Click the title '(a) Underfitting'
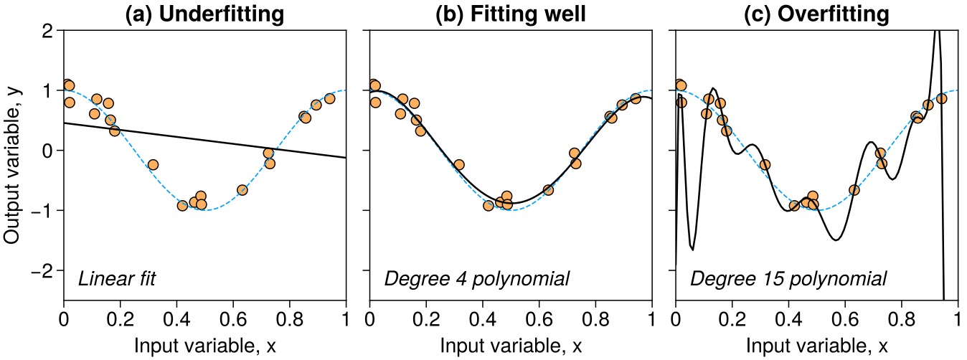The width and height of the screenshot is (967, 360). click(x=204, y=14)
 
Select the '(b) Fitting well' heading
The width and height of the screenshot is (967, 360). click(x=511, y=14)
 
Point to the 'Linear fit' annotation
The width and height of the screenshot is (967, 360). click(x=117, y=278)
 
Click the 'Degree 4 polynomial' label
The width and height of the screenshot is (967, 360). click(x=477, y=278)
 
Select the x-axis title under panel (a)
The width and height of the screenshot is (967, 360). click(x=204, y=346)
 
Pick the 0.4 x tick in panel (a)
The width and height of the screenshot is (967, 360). click(x=176, y=318)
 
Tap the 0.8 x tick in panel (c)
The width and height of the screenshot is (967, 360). click(x=901, y=318)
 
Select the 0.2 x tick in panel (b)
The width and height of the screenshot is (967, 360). click(x=426, y=318)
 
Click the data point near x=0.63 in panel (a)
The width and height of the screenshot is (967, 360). click(x=242, y=190)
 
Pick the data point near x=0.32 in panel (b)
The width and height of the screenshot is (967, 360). click(x=459, y=164)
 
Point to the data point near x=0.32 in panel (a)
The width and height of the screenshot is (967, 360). click(x=153, y=164)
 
